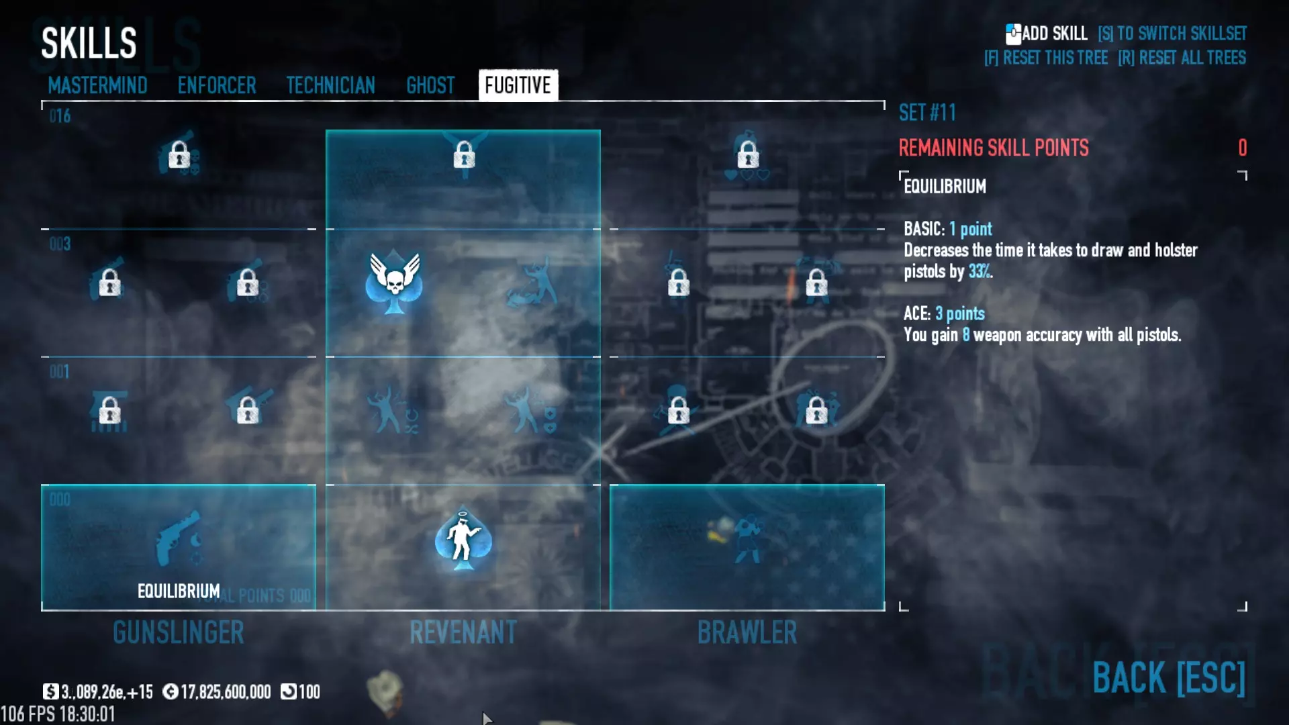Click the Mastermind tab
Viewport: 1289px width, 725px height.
(97, 85)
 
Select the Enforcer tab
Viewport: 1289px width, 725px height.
(217, 85)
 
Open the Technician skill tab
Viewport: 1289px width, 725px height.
(330, 85)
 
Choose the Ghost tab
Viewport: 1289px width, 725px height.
(430, 85)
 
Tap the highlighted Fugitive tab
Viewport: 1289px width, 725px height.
(518, 85)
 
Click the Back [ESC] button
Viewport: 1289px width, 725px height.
(1168, 677)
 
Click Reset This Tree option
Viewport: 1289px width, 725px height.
(1045, 58)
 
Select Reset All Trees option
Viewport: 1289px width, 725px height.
(1182, 58)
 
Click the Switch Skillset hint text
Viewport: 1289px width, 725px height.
(1172, 34)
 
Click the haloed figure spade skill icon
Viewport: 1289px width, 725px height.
(463, 540)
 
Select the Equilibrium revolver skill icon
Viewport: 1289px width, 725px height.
(179, 538)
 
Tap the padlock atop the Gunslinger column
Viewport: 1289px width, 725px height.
(179, 155)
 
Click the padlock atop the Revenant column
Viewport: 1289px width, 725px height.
(464, 155)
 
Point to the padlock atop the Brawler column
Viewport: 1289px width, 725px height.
(748, 155)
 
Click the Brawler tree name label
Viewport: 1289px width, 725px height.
(747, 632)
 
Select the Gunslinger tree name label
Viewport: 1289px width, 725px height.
(179, 632)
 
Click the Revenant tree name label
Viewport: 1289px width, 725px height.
(463, 632)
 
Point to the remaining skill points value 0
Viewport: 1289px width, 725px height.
(1242, 148)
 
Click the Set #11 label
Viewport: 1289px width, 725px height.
(927, 113)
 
